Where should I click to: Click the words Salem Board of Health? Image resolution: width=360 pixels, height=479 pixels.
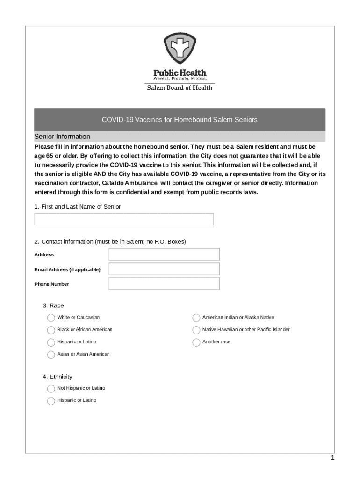coord(180,87)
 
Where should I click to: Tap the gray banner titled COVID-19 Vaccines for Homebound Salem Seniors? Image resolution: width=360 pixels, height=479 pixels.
coord(180,120)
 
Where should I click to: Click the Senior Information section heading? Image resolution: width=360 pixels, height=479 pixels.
coord(62,137)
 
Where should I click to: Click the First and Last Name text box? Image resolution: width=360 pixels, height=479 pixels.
coord(124,219)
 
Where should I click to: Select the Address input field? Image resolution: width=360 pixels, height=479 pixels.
coord(164,254)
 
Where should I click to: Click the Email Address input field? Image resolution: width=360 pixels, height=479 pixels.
coord(164,269)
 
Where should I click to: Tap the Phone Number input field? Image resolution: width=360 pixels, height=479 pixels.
coord(164,284)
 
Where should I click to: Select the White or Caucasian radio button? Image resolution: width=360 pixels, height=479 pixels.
coord(51,318)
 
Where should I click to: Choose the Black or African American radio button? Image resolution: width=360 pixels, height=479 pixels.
coord(51,330)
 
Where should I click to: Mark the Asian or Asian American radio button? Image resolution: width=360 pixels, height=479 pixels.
coord(51,354)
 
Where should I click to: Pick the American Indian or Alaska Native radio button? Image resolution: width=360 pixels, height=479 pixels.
coord(196,318)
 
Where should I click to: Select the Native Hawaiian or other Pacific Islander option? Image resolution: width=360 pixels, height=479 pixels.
coord(196,330)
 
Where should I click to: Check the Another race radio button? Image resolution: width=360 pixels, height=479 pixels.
coord(196,342)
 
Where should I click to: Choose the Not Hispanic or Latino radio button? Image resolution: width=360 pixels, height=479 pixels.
coord(51,388)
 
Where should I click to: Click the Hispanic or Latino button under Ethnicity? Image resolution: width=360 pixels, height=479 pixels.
coord(51,400)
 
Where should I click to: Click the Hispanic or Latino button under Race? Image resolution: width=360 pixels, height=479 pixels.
coord(51,342)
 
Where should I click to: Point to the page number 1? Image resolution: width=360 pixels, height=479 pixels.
coord(332,458)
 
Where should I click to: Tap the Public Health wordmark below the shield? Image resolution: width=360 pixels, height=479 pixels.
coord(180,73)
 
